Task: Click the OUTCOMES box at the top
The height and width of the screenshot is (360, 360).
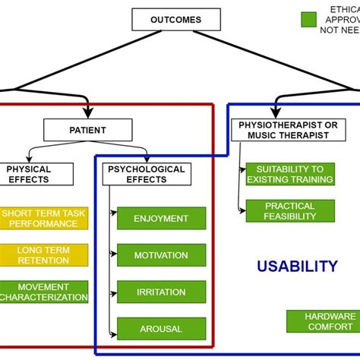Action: pos(175,19)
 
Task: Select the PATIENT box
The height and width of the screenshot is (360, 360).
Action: pos(88,130)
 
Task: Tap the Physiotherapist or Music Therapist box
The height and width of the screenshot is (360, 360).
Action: pos(283,129)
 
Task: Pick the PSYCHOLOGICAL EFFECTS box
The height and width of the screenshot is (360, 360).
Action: pos(147,174)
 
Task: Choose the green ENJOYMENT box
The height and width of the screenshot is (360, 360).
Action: pos(161,219)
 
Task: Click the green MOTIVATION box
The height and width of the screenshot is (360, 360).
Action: pos(161,255)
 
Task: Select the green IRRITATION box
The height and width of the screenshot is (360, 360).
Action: pos(161,292)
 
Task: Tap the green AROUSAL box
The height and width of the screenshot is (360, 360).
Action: pos(161,328)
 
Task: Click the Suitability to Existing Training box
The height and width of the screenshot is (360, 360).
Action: pos(289,174)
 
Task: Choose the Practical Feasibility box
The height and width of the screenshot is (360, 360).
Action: pos(289,210)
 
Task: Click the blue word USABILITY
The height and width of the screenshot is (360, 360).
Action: pos(296,267)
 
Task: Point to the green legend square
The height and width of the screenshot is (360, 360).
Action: pos(308,20)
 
